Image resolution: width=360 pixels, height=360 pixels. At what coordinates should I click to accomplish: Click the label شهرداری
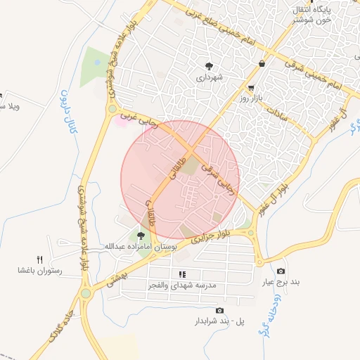[209, 77]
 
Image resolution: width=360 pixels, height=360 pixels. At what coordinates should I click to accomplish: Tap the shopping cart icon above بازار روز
[251, 89]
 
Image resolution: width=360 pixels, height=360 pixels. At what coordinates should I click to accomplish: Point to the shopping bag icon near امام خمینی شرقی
[262, 64]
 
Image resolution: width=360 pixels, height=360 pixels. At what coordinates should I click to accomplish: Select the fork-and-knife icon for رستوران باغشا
[39, 259]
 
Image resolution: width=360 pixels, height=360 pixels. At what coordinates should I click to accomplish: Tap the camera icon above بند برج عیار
[281, 271]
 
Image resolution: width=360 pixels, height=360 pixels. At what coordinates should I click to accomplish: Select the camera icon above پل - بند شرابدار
[219, 310]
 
